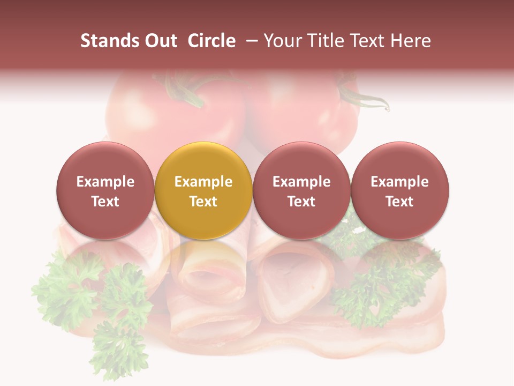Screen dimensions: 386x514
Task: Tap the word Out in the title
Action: (159, 41)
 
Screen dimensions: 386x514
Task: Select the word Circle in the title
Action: (211, 41)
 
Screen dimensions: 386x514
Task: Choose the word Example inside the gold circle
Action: (203, 182)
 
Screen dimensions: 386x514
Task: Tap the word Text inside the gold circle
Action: (203, 202)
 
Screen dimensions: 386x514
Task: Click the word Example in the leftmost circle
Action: (105, 182)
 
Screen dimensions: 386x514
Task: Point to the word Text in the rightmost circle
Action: (400, 202)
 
